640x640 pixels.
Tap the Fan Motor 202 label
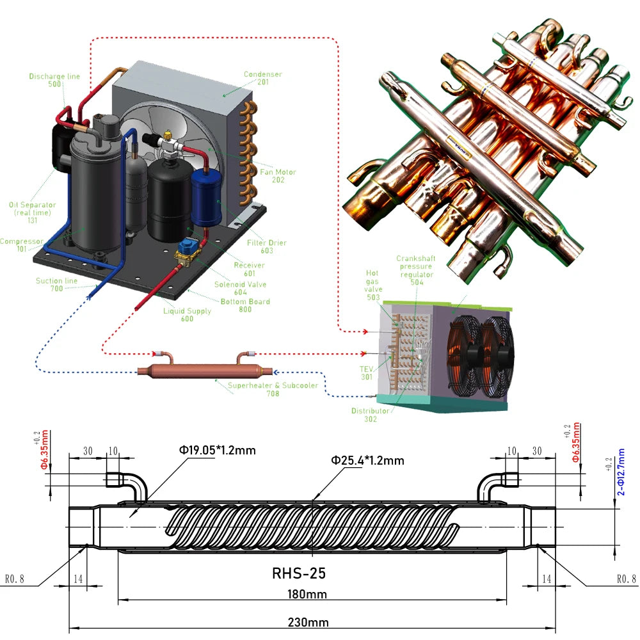(x=278, y=176)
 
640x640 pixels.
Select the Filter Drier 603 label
(x=267, y=246)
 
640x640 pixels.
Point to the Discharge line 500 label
(x=54, y=80)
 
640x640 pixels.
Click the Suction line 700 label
(x=57, y=285)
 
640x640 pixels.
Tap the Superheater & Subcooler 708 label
(x=273, y=389)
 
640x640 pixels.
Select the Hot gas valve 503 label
(x=373, y=285)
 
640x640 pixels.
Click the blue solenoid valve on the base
(x=191, y=248)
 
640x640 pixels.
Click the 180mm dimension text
(x=308, y=594)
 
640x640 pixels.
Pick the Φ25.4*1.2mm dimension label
(x=367, y=460)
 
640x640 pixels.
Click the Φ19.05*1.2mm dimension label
(x=217, y=450)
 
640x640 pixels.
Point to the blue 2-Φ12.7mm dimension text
(x=621, y=472)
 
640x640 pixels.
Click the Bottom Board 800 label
(x=245, y=305)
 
